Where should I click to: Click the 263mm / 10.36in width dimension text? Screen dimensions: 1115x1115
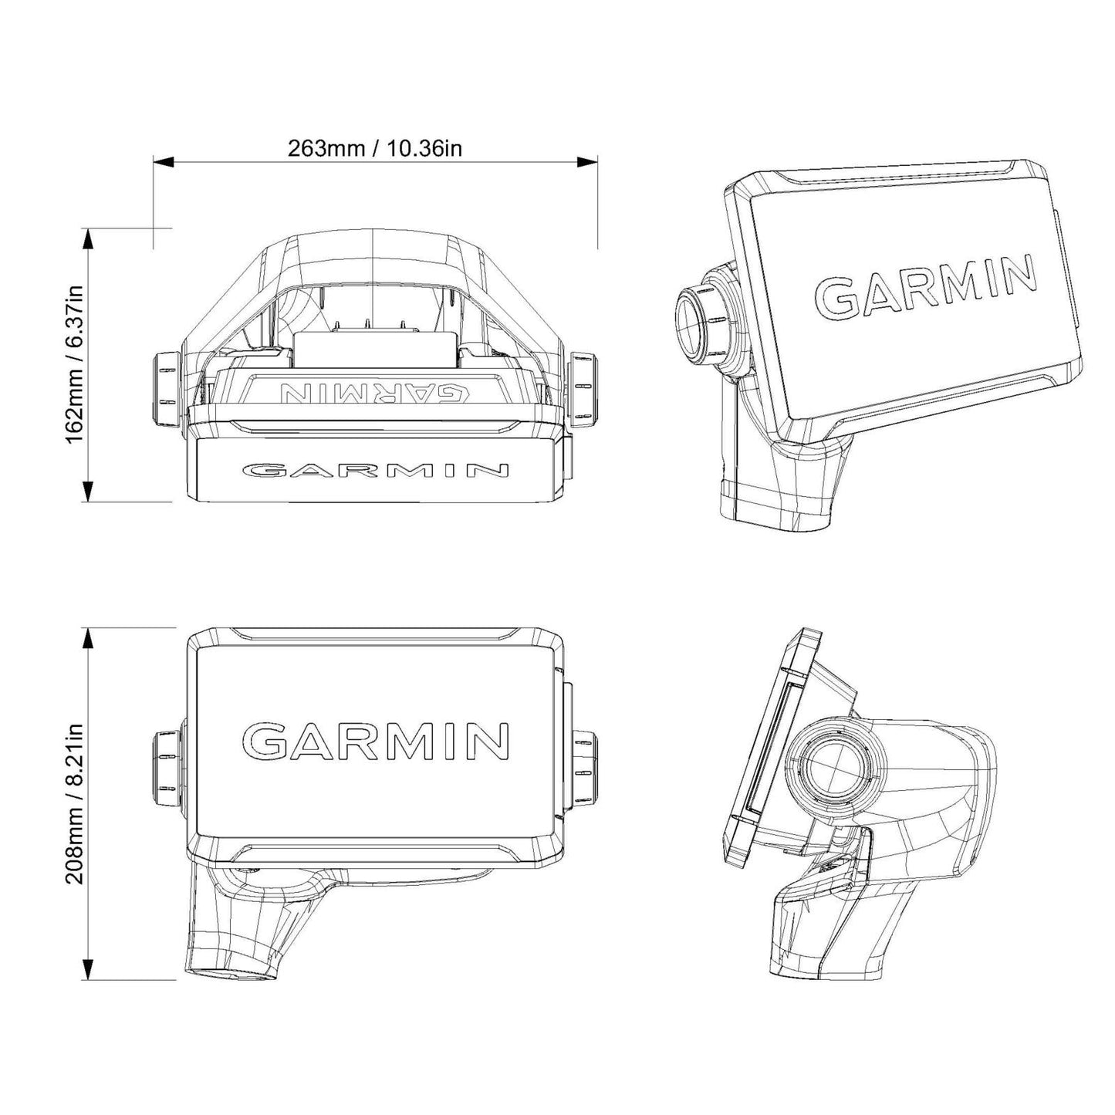click(375, 147)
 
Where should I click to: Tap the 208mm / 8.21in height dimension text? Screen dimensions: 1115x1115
click(73, 803)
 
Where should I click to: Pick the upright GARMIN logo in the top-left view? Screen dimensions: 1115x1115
click(376, 471)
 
